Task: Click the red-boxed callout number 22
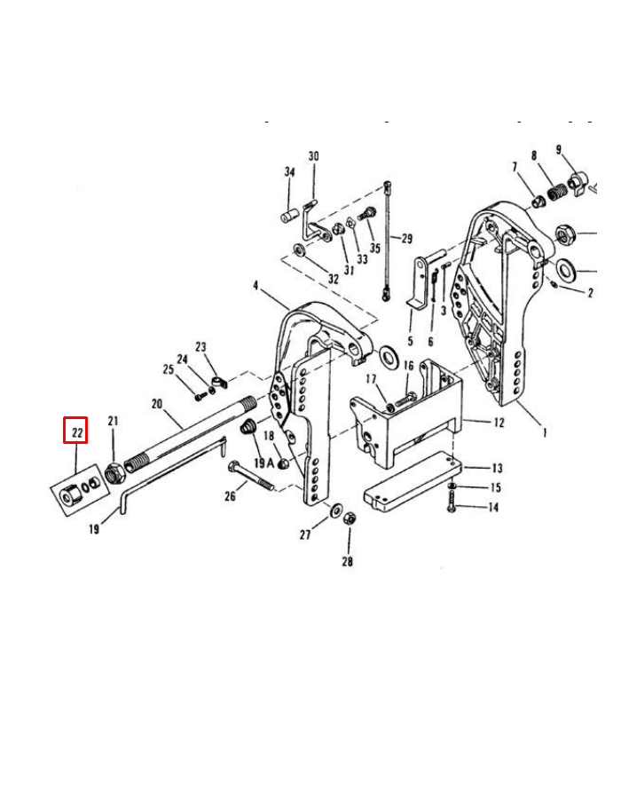(76, 432)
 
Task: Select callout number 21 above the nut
(113, 420)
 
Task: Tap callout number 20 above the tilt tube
(157, 404)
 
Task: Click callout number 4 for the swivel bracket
(255, 286)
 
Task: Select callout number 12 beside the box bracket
(499, 422)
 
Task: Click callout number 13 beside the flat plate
(497, 468)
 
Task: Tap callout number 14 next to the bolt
(494, 507)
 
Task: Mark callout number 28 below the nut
(349, 562)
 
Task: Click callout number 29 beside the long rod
(407, 238)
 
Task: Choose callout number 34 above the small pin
(289, 172)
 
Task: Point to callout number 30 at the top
(313, 156)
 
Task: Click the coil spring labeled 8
(557, 191)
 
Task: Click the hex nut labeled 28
(349, 517)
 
